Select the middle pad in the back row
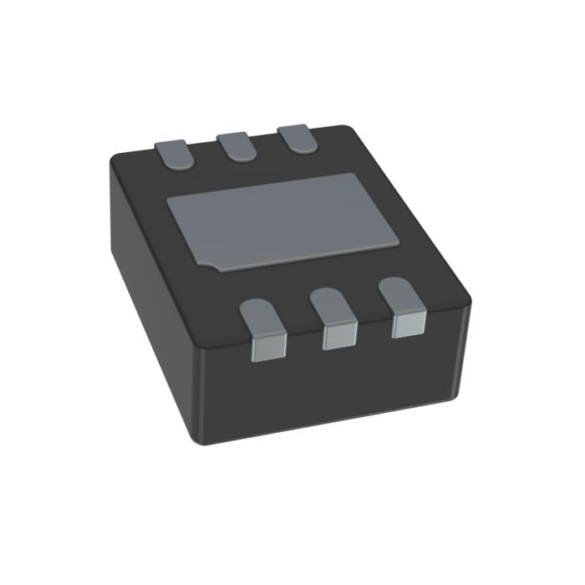click(237, 145)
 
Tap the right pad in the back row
click(297, 136)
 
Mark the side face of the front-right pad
click(407, 324)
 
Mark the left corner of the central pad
click(169, 201)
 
